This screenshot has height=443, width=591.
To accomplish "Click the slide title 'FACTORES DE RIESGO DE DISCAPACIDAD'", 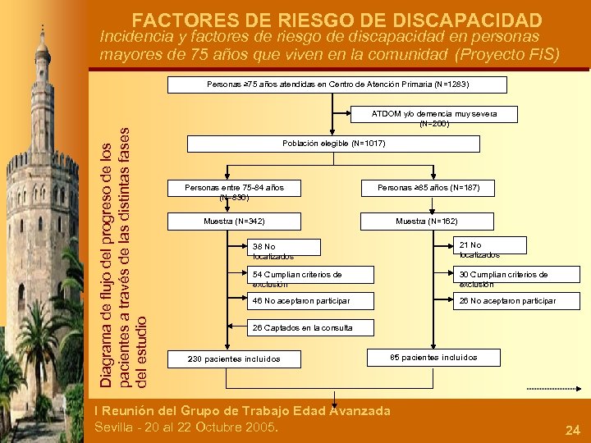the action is (337, 20).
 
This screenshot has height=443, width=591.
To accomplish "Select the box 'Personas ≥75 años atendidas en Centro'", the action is (337, 84).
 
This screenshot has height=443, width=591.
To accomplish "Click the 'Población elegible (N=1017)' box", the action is (333, 144).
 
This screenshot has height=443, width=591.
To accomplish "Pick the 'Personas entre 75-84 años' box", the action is (234, 192).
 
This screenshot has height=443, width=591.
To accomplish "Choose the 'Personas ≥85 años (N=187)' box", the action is (434, 188).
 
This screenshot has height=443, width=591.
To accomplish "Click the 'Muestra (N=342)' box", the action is (234, 221).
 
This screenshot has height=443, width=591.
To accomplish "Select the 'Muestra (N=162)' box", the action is (426, 221).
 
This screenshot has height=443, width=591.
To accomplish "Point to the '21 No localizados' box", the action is (490, 249).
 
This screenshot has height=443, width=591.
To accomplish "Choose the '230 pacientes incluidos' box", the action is (234, 359).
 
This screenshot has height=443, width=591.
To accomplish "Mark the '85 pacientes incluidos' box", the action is (433, 357).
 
